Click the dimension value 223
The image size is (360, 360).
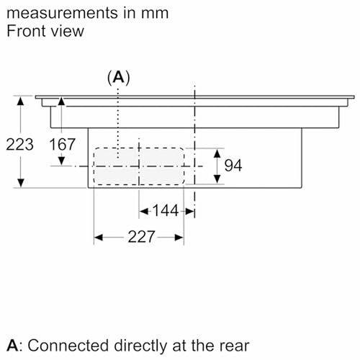pos(19,145)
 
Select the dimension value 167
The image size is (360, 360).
pos(62,145)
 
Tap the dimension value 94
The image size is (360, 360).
pos(233,166)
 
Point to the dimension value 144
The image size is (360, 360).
pos(166,211)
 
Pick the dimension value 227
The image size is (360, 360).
pos(141,237)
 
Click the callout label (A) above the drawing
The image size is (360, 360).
pos(119,78)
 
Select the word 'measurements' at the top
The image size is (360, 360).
pos(63,13)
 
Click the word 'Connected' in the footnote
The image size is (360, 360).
pos(68,346)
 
